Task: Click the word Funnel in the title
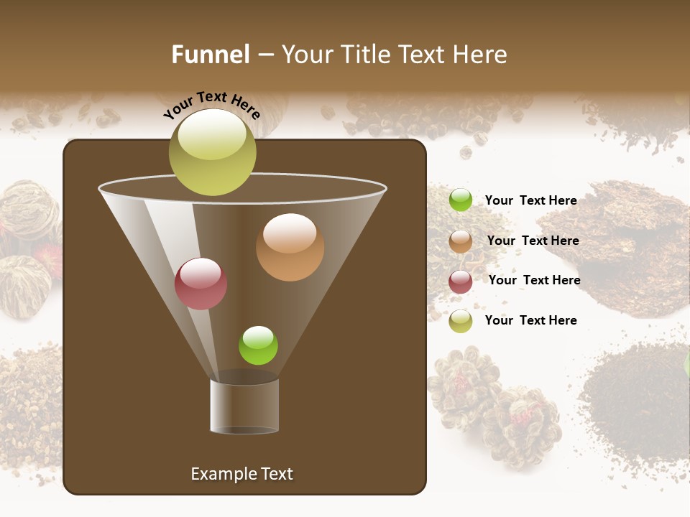(x=210, y=55)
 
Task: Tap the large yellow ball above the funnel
(x=212, y=152)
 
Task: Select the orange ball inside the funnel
(x=290, y=247)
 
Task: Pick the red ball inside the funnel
(x=201, y=284)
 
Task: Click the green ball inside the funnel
(x=258, y=345)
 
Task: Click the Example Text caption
(x=241, y=474)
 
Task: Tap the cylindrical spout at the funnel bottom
(x=244, y=406)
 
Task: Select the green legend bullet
(x=460, y=200)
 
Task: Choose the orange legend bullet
(x=460, y=241)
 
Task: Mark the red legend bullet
(x=460, y=281)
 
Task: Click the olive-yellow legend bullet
(x=460, y=321)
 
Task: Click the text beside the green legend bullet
(x=530, y=200)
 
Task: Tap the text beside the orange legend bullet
(x=533, y=241)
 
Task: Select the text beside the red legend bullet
(x=534, y=280)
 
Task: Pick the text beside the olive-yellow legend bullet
(x=530, y=320)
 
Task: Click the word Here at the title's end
(x=480, y=55)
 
